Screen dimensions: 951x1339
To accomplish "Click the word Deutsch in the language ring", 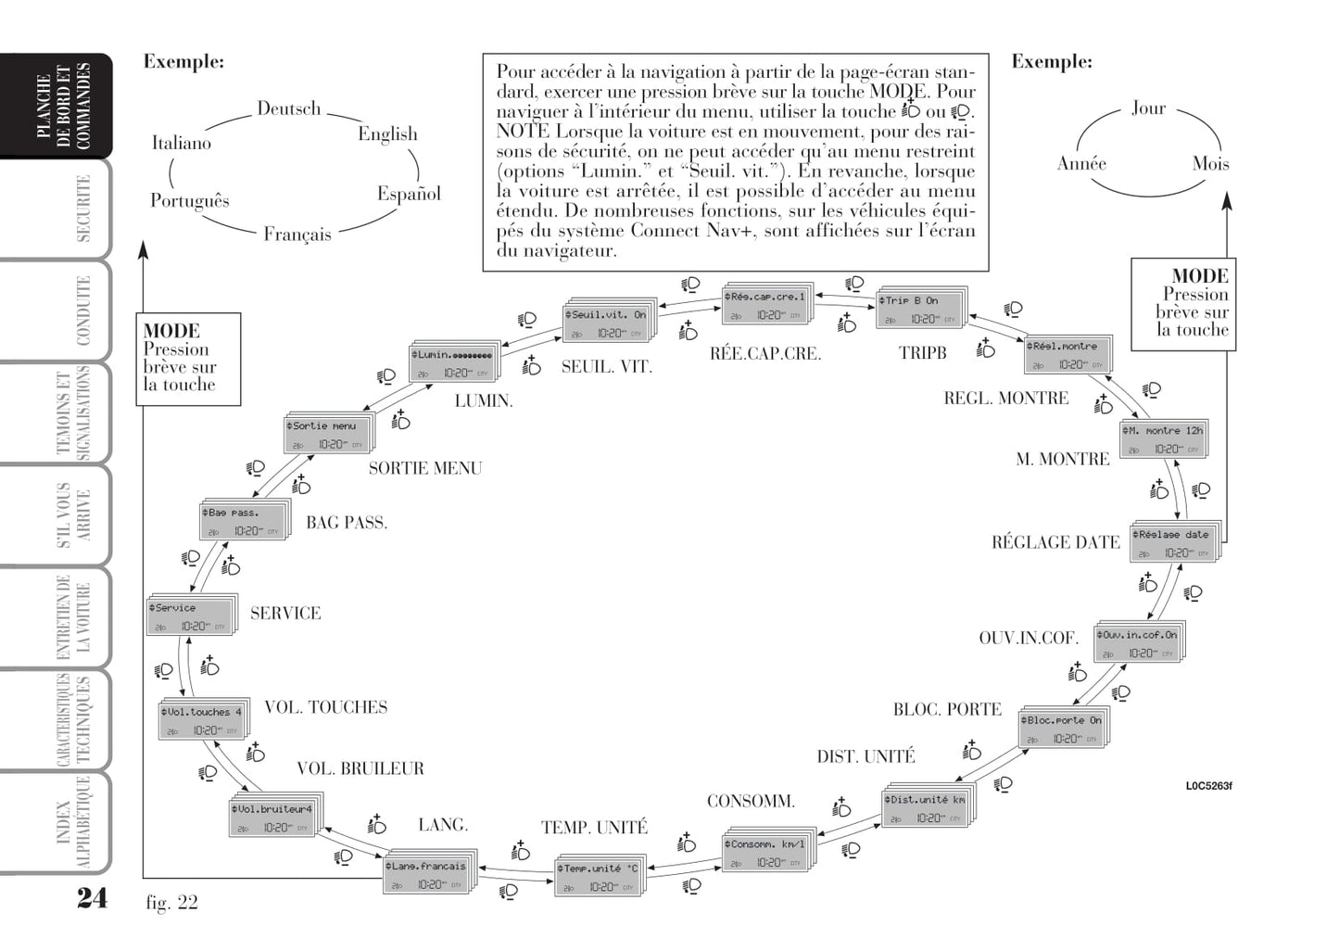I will (288, 108).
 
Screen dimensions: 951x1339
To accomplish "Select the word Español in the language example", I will (409, 194).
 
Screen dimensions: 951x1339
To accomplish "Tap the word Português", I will (189, 200).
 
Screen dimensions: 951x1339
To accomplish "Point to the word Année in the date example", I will (1081, 163).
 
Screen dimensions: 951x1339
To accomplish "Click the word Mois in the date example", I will (1210, 163).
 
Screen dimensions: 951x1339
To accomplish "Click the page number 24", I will (91, 897).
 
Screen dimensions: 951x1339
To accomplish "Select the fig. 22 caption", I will (171, 902).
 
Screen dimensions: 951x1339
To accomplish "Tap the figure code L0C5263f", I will (1208, 786).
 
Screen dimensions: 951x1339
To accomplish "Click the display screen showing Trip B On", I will (919, 309).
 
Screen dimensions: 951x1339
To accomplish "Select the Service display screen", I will (190, 616).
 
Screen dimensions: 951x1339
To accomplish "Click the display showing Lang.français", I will (427, 874).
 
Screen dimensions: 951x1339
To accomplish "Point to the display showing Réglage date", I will (1172, 543).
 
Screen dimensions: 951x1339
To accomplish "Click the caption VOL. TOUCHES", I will (325, 707).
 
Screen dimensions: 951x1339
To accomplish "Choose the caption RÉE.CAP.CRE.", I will (764, 353).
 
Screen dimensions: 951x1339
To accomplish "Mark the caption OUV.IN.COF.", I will (1029, 638).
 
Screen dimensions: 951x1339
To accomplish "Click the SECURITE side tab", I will (82, 209).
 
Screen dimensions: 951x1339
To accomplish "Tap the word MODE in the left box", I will (171, 331).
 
